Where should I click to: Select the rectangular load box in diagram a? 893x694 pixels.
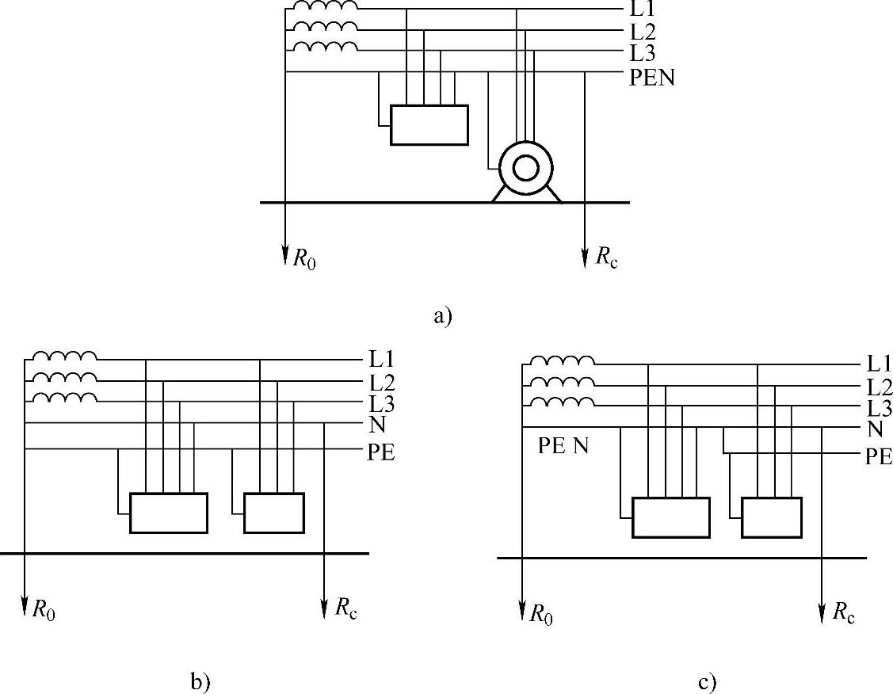tap(429, 125)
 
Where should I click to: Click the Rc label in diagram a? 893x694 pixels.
tap(604, 257)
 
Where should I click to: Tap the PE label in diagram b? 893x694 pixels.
tap(381, 453)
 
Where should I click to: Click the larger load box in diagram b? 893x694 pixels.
tap(169, 513)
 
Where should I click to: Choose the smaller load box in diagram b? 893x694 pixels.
tap(273, 513)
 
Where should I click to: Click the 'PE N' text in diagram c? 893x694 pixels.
tap(563, 446)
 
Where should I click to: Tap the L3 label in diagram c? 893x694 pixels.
tap(880, 409)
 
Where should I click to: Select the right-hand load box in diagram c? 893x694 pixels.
tap(771, 517)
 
